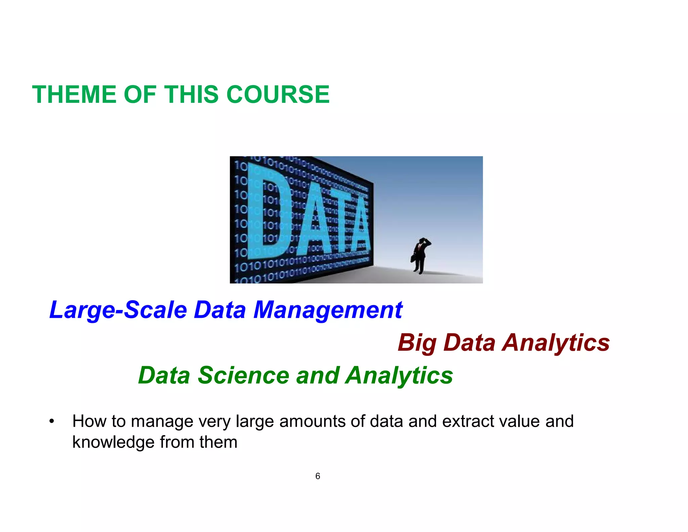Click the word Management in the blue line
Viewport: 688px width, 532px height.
pyautogui.click(x=328, y=310)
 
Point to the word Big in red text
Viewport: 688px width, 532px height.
pyautogui.click(x=417, y=343)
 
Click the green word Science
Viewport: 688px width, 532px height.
pyautogui.click(x=244, y=375)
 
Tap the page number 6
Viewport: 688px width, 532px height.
pyautogui.click(x=317, y=476)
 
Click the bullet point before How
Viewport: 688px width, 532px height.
pyautogui.click(x=51, y=422)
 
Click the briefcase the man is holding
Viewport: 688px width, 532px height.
pyautogui.click(x=413, y=259)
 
